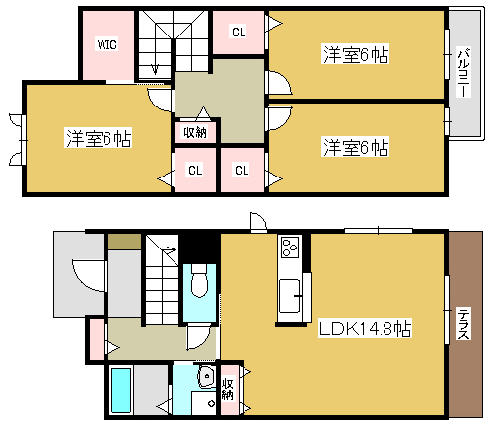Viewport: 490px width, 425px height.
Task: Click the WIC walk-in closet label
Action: click(106, 44)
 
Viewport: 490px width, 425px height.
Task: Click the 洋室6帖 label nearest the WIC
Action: click(99, 138)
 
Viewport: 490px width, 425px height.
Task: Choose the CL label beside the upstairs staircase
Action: click(239, 33)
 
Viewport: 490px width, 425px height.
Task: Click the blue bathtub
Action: click(122, 390)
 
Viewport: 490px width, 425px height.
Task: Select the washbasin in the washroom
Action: click(206, 378)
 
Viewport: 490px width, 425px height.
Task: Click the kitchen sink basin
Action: click(291, 294)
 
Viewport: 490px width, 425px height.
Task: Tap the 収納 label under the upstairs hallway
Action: click(194, 131)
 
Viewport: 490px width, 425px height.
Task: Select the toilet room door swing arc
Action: click(200, 335)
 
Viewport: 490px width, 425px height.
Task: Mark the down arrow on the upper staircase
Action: click(153, 67)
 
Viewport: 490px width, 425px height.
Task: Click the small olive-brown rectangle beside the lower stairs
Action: click(123, 241)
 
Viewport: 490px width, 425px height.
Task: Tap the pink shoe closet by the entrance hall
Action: click(97, 338)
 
